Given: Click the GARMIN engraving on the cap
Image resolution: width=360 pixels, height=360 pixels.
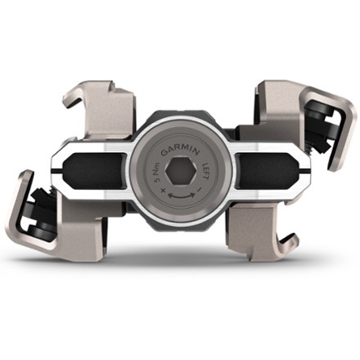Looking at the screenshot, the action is click(180, 151).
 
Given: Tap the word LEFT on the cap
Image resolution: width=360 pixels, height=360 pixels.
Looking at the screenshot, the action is click(205, 172).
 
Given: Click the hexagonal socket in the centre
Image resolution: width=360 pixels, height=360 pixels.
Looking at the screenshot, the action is click(181, 172).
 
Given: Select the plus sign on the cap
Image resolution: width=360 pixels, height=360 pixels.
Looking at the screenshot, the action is click(164, 190).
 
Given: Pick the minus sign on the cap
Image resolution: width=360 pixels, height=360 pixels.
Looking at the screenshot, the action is click(200, 189).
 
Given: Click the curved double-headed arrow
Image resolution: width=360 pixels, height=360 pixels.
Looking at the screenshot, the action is click(182, 196).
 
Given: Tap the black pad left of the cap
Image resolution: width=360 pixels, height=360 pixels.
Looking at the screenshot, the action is click(95, 171).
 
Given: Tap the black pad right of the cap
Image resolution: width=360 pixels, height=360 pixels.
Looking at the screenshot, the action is click(266, 171).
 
